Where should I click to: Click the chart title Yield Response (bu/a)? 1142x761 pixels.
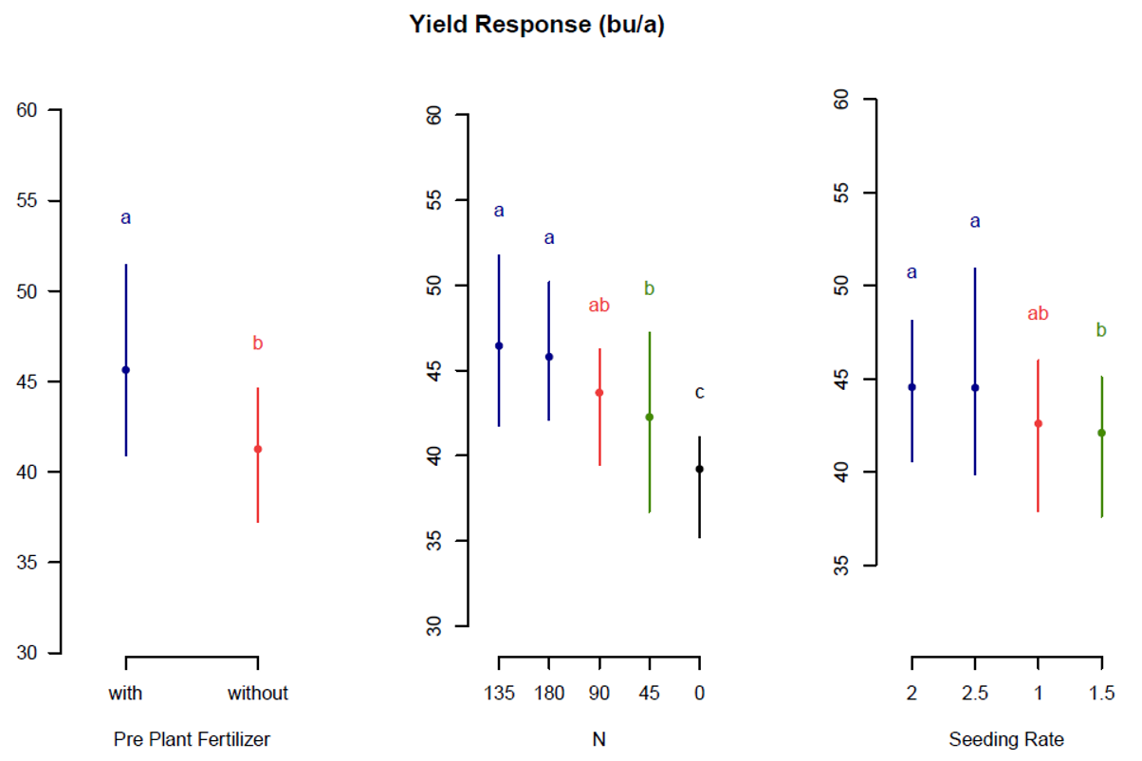pos(536,26)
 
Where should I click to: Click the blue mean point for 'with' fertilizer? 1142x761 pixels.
pos(125,369)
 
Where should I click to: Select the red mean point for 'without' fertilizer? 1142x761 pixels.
pos(257,449)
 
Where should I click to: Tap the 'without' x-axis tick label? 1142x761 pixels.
pos(257,693)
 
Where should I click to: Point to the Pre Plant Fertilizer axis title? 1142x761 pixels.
pos(198,738)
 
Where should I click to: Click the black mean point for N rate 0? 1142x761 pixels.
pos(699,469)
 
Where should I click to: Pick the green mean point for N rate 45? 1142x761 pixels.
pos(649,417)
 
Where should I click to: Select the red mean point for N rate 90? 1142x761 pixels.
pos(599,392)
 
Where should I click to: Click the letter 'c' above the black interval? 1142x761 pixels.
pos(699,393)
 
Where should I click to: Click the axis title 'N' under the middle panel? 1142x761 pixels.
pos(599,738)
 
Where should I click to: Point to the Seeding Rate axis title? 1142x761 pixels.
pos(1006,738)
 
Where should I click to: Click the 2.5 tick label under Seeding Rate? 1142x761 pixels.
pos(974,693)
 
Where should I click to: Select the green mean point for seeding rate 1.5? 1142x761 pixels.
pos(1101,433)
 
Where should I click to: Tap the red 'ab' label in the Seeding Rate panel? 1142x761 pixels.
pos(1038,314)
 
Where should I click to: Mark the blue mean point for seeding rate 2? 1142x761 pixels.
pos(912,387)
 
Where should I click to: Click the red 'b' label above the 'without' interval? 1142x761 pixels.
pos(257,343)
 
